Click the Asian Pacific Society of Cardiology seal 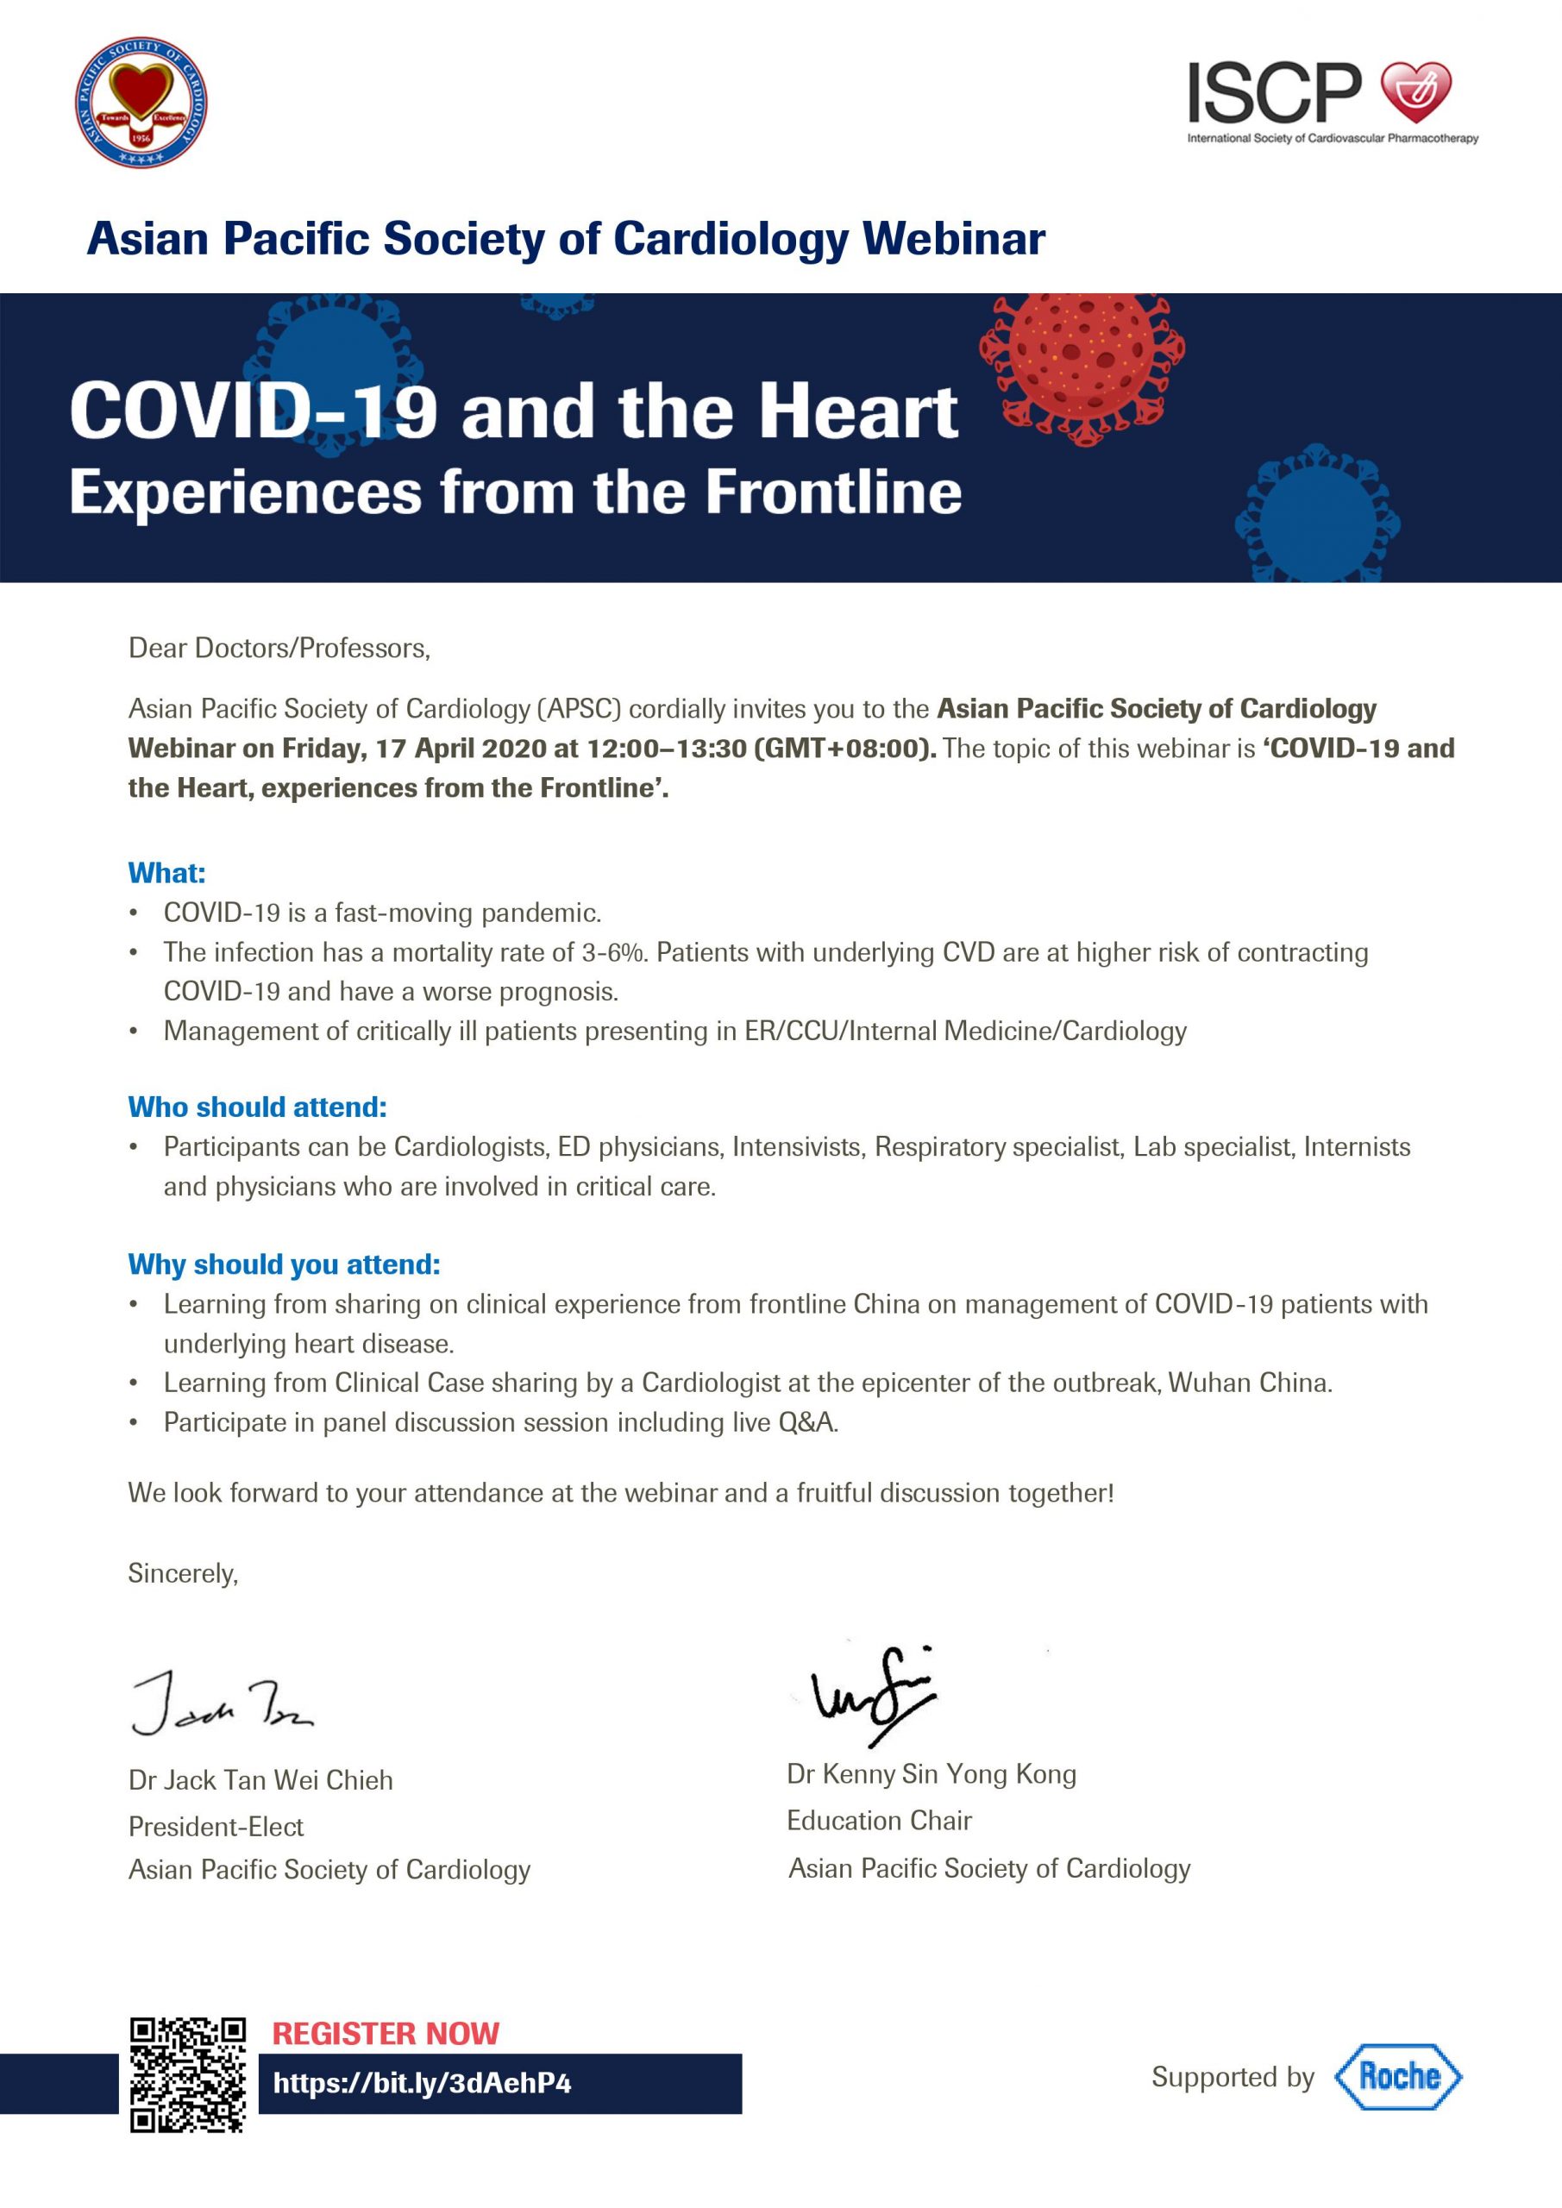tap(141, 103)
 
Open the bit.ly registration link tap(423, 2083)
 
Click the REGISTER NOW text tap(386, 2033)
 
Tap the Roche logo tap(1397, 2076)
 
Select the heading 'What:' tap(166, 872)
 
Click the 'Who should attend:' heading tap(258, 1107)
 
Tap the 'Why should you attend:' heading tap(284, 1264)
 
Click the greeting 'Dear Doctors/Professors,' tap(279, 648)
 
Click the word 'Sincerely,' tap(183, 1572)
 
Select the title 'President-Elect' tap(216, 1826)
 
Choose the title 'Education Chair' tap(879, 1821)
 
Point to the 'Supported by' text tap(1233, 2077)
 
